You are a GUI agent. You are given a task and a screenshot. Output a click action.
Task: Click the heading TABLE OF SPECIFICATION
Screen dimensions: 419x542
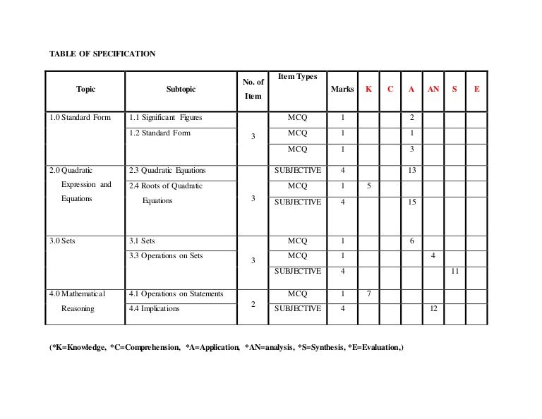102,54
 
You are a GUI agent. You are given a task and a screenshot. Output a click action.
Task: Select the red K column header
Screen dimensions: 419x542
368,90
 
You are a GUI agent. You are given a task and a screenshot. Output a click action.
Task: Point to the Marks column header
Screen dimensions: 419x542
342,90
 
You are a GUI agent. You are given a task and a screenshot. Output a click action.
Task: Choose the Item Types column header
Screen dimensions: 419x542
297,76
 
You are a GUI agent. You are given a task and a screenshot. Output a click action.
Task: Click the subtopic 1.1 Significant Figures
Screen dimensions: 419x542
166,117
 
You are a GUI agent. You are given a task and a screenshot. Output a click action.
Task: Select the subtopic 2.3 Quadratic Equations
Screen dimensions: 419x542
168,170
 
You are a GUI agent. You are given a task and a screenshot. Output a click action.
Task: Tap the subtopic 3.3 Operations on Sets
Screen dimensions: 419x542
167,255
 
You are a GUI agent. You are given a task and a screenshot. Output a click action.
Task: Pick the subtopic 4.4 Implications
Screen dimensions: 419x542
155,308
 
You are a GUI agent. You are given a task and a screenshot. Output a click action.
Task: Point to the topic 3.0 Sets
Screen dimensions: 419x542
63,241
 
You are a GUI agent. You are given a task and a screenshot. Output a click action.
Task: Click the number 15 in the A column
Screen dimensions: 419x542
411,202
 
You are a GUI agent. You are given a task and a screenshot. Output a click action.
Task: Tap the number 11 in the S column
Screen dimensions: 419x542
454,271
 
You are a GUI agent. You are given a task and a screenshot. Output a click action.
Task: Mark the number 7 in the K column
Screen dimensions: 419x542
368,293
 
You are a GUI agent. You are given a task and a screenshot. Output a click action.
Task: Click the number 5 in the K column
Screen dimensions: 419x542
368,186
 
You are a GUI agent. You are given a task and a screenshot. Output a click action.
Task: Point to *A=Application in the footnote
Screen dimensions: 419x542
211,348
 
